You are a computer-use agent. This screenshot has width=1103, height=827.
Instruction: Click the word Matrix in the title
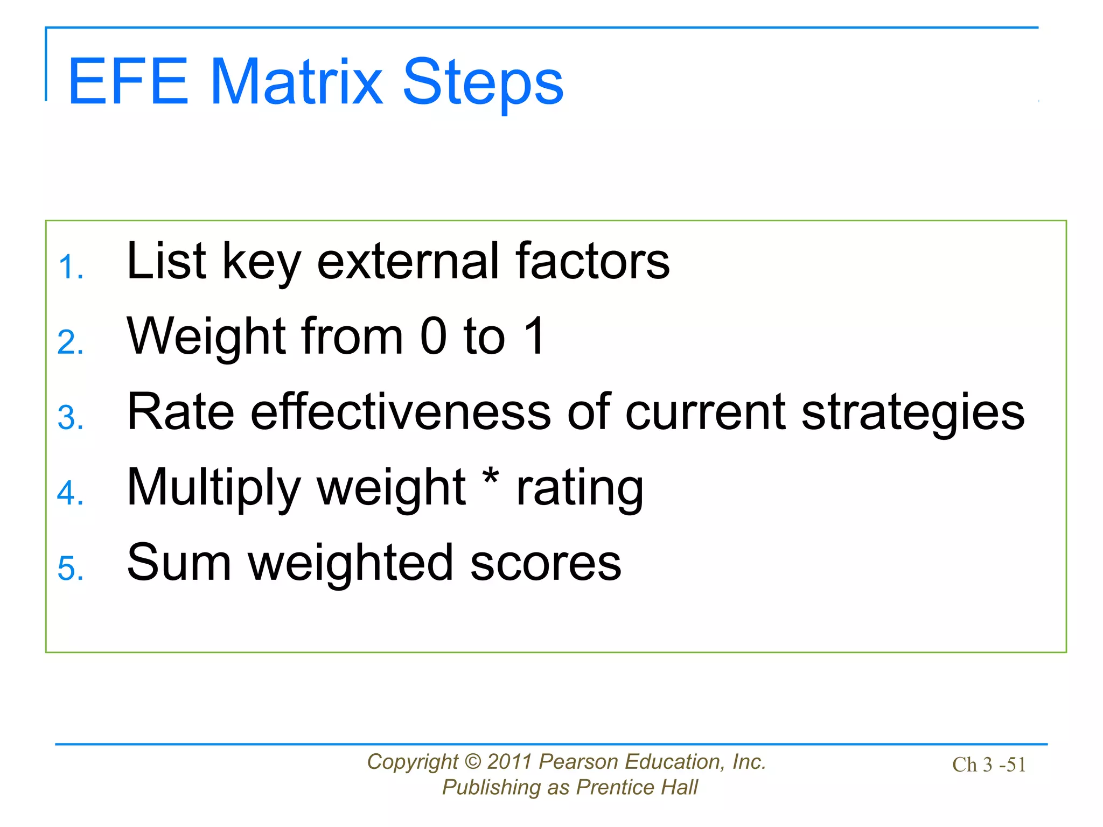(296, 82)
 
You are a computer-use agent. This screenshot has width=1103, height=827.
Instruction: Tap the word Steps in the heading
(483, 82)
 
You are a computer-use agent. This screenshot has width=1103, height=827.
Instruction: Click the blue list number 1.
(70, 267)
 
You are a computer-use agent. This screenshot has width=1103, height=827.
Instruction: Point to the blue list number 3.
(70, 418)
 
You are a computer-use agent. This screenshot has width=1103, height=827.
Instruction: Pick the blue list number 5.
(70, 569)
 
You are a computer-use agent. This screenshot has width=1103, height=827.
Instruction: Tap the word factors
(592, 261)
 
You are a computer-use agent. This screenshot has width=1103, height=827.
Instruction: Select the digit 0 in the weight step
(434, 337)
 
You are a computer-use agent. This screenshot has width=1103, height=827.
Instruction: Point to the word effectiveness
(401, 412)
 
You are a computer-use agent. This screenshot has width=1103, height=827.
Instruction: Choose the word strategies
(912, 412)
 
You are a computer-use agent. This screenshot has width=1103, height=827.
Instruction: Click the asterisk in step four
(491, 476)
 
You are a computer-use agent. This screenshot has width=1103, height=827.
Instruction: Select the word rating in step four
(580, 487)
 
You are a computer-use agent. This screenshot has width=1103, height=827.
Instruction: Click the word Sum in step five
(179, 563)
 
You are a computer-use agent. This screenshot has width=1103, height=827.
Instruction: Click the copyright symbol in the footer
(472, 762)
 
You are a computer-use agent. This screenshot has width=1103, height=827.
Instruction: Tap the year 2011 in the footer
(509, 762)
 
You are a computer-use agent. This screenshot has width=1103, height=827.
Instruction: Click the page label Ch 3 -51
(989, 765)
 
